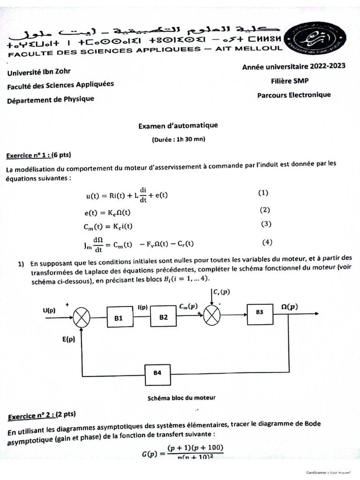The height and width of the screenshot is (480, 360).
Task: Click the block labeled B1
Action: (x=119, y=318)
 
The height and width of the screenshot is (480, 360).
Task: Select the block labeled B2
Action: (x=163, y=317)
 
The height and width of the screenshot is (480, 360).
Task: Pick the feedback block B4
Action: (x=157, y=373)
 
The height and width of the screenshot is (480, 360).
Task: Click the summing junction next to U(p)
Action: (x=82, y=319)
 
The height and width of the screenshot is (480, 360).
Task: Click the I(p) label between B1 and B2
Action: (x=142, y=307)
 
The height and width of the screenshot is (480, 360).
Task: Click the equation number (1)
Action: (x=263, y=193)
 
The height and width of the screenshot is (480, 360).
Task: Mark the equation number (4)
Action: (x=267, y=242)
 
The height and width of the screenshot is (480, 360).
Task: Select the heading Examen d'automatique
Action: (x=178, y=126)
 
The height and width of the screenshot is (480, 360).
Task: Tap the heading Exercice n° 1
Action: (x=38, y=155)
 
